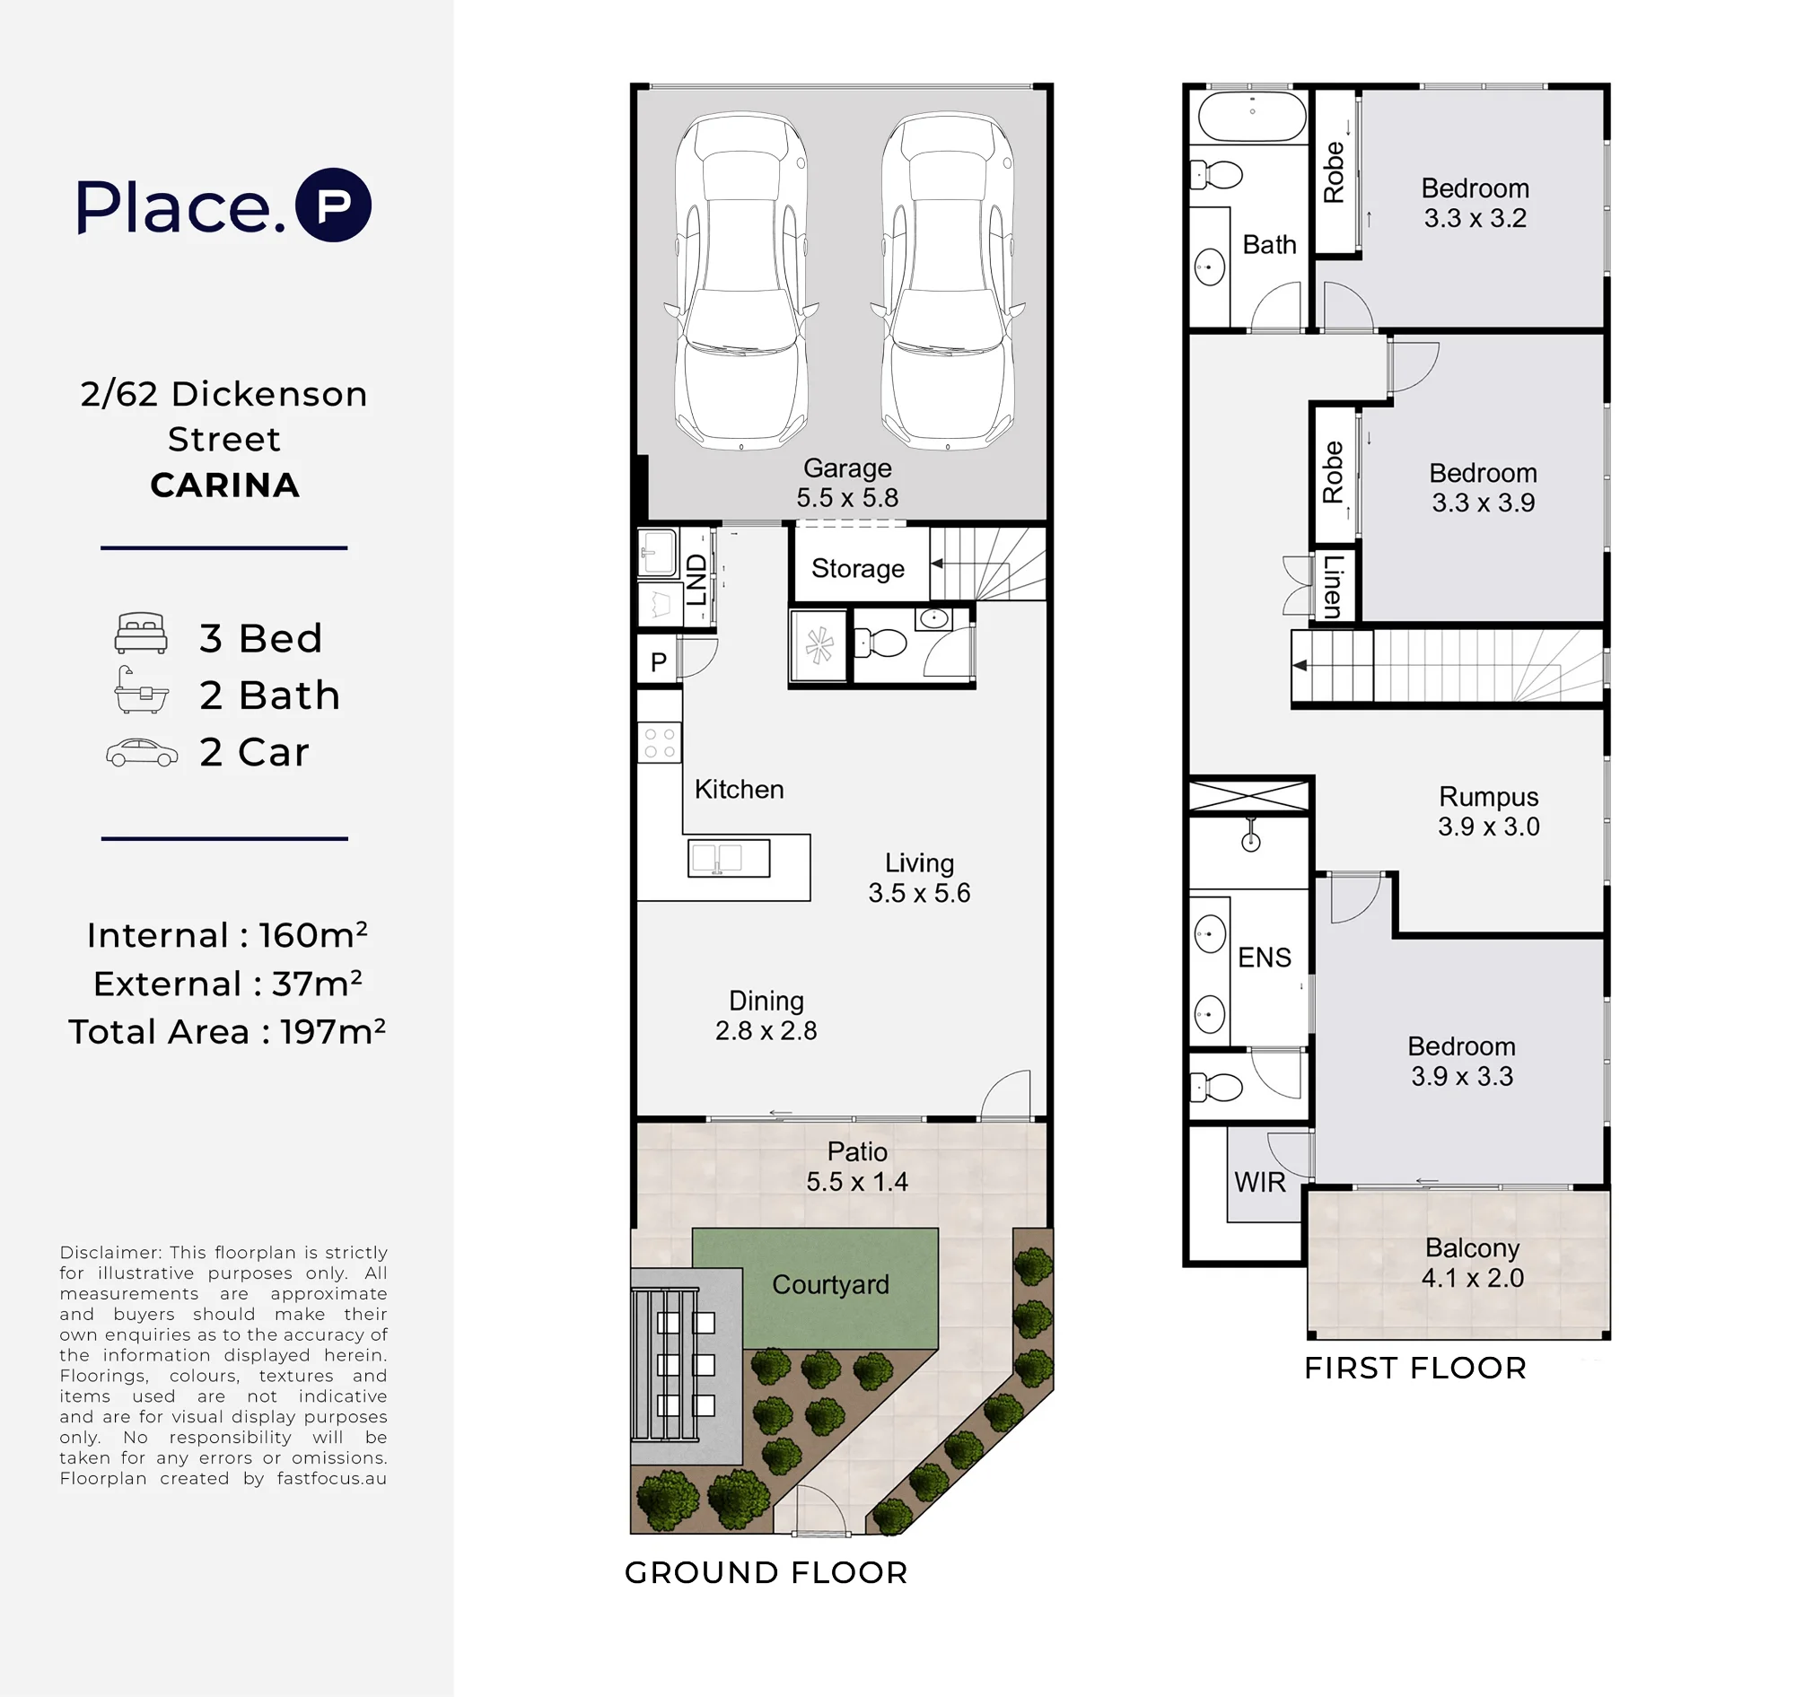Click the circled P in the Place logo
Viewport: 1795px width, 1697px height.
334,206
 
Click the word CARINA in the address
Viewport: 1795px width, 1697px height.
224,485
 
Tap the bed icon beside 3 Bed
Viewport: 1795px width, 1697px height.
141,634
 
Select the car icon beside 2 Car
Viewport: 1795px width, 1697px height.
142,753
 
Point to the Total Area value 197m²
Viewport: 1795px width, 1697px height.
333,1031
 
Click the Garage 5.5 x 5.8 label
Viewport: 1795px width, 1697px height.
848,483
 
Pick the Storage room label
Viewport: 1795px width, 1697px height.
858,568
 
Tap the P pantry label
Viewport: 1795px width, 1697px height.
659,662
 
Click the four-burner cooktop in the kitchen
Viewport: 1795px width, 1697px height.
660,743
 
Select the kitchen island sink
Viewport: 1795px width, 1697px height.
729,859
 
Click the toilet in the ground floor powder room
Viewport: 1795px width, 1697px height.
880,643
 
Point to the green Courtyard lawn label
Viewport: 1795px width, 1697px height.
830,1284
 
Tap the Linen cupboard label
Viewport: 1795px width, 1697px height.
1333,587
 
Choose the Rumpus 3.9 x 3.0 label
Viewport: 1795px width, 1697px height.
1489,811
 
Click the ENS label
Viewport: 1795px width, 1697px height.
1265,958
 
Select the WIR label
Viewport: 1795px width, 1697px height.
1259,1182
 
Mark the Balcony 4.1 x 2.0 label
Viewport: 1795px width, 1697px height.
1473,1263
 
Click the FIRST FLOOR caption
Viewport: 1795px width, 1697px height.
1416,1368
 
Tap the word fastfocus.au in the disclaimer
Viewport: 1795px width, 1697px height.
332,1478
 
